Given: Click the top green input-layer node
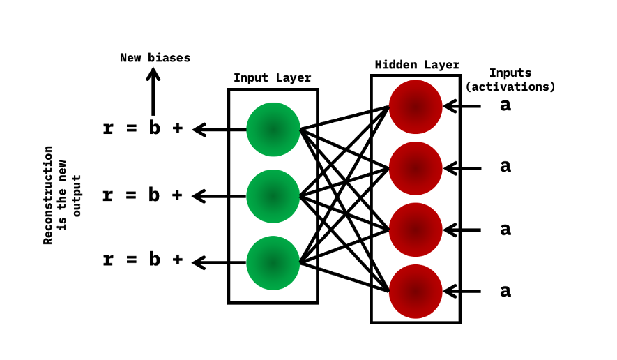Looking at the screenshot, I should [273, 129].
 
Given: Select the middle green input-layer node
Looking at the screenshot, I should [273, 196].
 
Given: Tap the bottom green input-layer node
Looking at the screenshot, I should [273, 262].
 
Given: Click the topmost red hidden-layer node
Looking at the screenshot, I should [416, 107].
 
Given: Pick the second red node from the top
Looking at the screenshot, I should [416, 167].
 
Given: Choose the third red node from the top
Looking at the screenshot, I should [416, 230].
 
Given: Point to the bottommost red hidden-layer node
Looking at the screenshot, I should [416, 291].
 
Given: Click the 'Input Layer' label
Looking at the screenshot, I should [272, 77].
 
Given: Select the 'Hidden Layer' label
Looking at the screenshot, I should [417, 65].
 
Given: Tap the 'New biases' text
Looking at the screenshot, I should [155, 58].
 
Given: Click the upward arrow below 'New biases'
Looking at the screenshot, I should [153, 91].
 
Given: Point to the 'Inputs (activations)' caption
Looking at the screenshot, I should [510, 80].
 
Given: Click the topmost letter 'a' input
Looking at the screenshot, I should [505, 106].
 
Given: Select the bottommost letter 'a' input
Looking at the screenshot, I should [505, 291].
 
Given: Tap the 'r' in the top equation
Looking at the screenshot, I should [108, 128].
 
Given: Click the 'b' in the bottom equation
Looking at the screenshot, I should [153, 260].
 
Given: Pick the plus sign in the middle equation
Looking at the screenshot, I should [177, 195].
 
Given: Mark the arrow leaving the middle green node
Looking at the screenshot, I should [219, 196].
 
